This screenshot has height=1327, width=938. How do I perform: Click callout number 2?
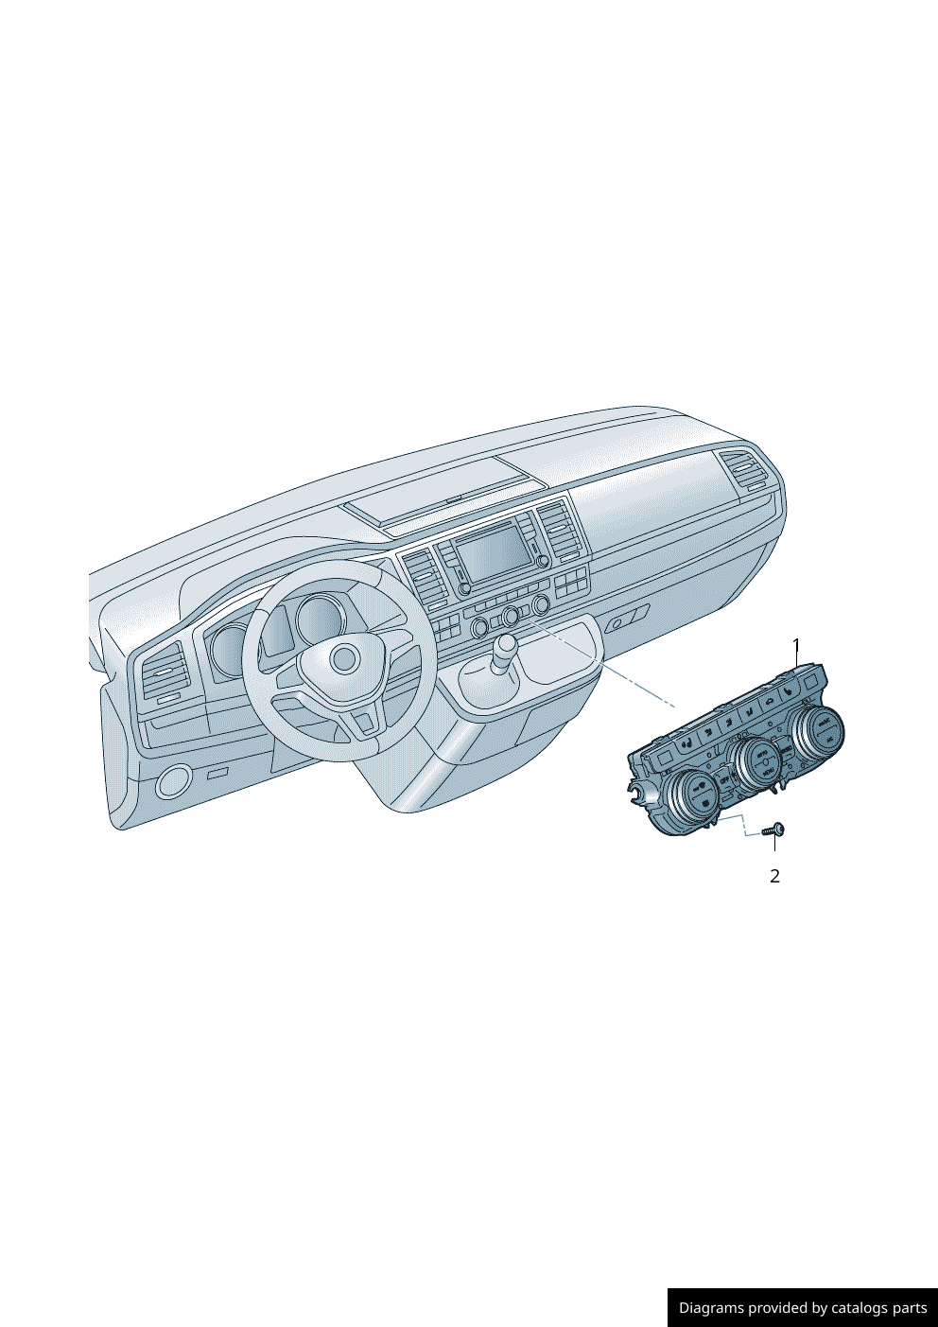tap(774, 876)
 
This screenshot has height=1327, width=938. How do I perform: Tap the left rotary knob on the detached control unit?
tap(692, 795)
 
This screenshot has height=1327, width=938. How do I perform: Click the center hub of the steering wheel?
tap(344, 659)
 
